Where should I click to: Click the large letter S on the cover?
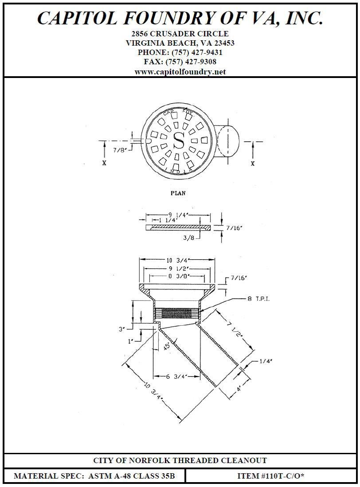pyautogui.click(x=179, y=140)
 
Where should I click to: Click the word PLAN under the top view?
pyautogui.click(x=178, y=193)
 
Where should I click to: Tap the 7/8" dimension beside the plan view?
pyautogui.click(x=120, y=150)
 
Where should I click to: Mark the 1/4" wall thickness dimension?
pyautogui.click(x=265, y=361)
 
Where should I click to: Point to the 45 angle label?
pyautogui.click(x=166, y=346)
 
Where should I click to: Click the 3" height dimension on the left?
pyautogui.click(x=121, y=330)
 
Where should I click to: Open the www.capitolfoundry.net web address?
pyautogui.click(x=180, y=71)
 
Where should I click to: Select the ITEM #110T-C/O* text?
pyautogui.click(x=270, y=476)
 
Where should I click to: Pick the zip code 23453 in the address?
pyautogui.click(x=223, y=43)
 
